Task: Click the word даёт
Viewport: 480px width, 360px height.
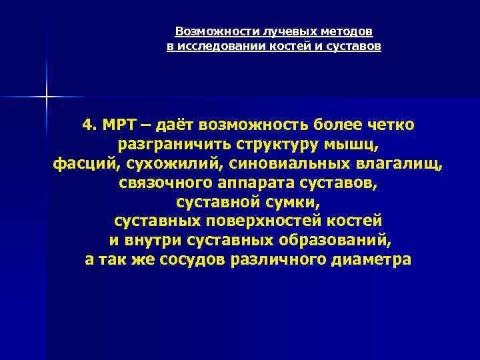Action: pyautogui.click(x=175, y=125)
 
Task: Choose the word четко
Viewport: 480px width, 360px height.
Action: pyautogui.click(x=391, y=125)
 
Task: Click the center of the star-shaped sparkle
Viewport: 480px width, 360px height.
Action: pyautogui.click(x=46, y=97)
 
